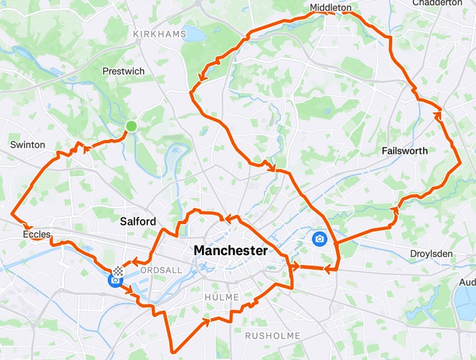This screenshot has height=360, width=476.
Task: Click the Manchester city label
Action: pyautogui.click(x=230, y=250)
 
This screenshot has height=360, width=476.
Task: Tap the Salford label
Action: pyautogui.click(x=137, y=221)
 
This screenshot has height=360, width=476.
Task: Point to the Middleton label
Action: pyautogui.click(x=331, y=8)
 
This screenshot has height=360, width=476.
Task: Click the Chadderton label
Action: pyautogui.click(x=439, y=3)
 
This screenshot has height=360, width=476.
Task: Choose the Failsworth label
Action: pyautogui.click(x=404, y=151)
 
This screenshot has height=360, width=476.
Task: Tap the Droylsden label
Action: pyautogui.click(x=432, y=254)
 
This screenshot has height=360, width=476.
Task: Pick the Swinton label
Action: pyautogui.click(x=27, y=145)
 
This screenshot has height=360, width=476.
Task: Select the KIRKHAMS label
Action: pyautogui.click(x=158, y=34)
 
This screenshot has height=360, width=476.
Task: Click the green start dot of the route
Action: pyautogui.click(x=131, y=126)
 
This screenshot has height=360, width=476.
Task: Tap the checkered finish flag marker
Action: pyautogui.click(x=118, y=271)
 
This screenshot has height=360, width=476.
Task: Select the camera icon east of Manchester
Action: pyautogui.click(x=320, y=239)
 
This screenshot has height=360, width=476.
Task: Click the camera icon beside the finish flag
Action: pyautogui.click(x=114, y=280)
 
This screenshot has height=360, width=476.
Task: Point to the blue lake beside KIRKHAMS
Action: pyautogui.click(x=195, y=33)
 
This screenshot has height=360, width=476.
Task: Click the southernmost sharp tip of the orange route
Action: pyautogui.click(x=172, y=351)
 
